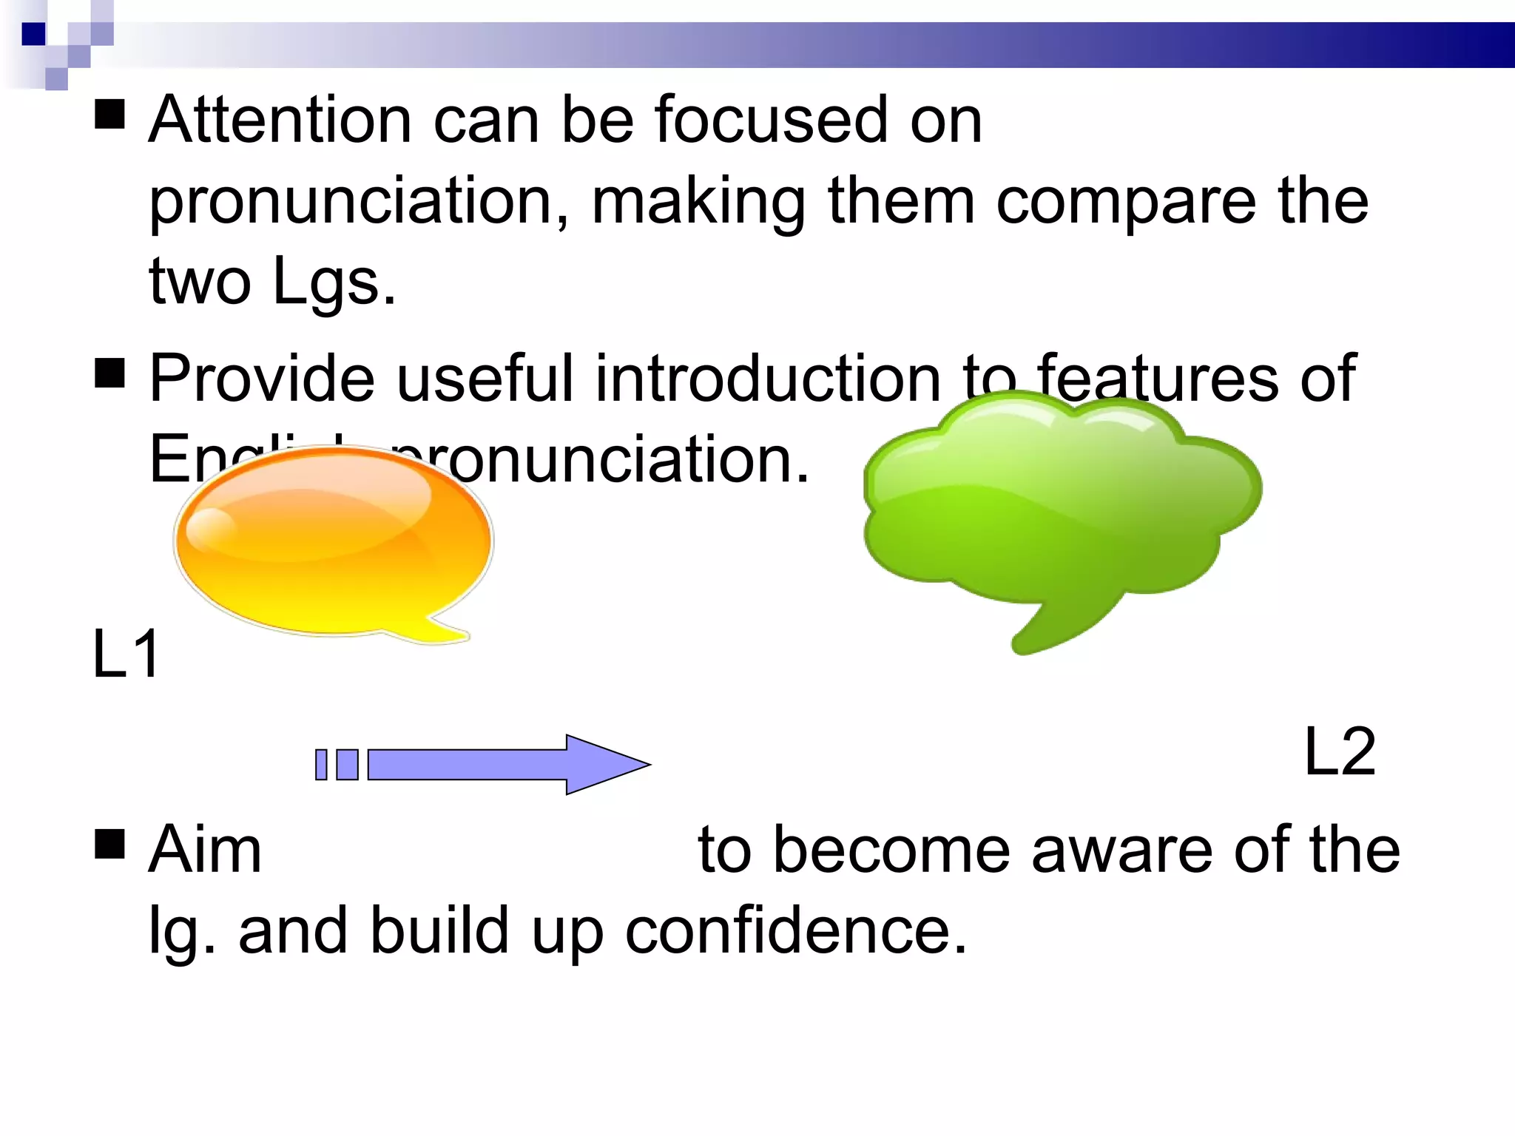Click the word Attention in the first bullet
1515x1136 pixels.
pos(280,121)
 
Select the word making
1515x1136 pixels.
pos(698,202)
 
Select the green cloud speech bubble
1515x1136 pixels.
pos(1058,503)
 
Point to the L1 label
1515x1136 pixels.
pos(126,654)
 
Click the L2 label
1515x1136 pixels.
pos(1340,752)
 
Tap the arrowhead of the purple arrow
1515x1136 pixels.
pos(603,765)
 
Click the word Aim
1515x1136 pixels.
pos(205,851)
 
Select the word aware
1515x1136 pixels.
pos(1121,851)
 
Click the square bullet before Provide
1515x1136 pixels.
pos(110,373)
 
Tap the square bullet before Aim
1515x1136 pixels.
pos(110,844)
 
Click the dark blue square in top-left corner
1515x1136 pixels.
pos(34,34)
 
